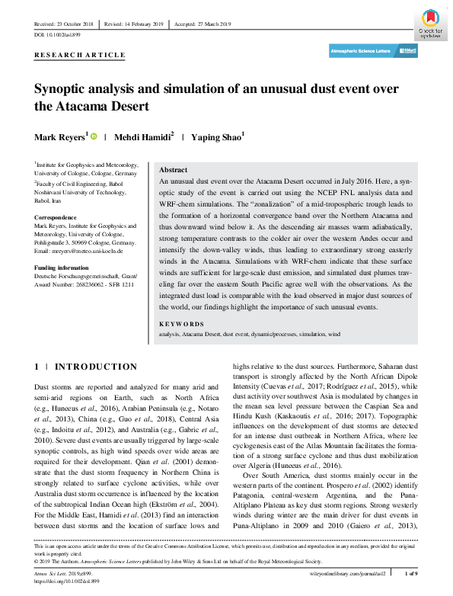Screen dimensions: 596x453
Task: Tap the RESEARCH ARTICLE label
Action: [x=80, y=56]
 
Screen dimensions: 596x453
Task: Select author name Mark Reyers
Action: [x=60, y=137]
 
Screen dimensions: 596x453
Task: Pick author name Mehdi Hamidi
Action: [x=143, y=137]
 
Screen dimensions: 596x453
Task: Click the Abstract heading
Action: [x=174, y=170]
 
